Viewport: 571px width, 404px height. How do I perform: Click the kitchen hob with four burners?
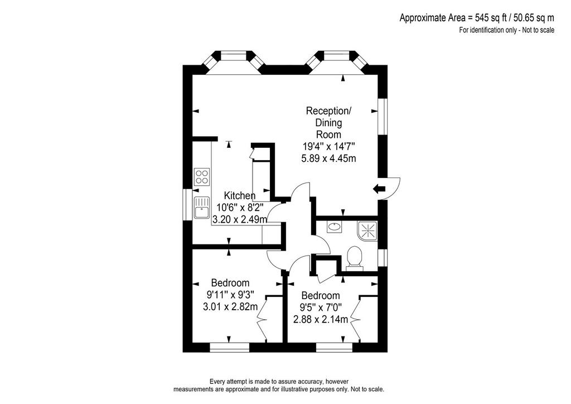[202, 177]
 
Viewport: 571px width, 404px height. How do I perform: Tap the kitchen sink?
[202, 207]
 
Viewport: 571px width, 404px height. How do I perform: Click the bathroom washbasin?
[334, 227]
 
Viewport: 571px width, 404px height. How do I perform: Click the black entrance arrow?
[379, 189]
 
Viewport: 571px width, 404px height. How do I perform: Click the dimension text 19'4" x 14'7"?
[329, 146]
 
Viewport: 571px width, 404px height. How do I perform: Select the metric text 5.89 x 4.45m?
[329, 158]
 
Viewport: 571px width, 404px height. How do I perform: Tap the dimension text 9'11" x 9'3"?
[230, 294]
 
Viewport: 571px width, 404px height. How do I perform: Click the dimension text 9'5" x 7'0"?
[321, 307]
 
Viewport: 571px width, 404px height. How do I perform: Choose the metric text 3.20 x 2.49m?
[240, 219]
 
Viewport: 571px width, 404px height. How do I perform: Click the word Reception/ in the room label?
[329, 110]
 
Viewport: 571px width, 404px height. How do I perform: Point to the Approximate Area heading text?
[477, 17]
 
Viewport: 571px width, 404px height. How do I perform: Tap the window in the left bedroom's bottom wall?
[230, 348]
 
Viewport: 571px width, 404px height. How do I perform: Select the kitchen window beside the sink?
[187, 204]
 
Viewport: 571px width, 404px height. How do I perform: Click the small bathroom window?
[383, 257]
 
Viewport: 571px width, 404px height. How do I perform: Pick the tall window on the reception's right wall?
[383, 116]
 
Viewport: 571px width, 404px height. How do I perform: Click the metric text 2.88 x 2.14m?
[321, 320]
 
